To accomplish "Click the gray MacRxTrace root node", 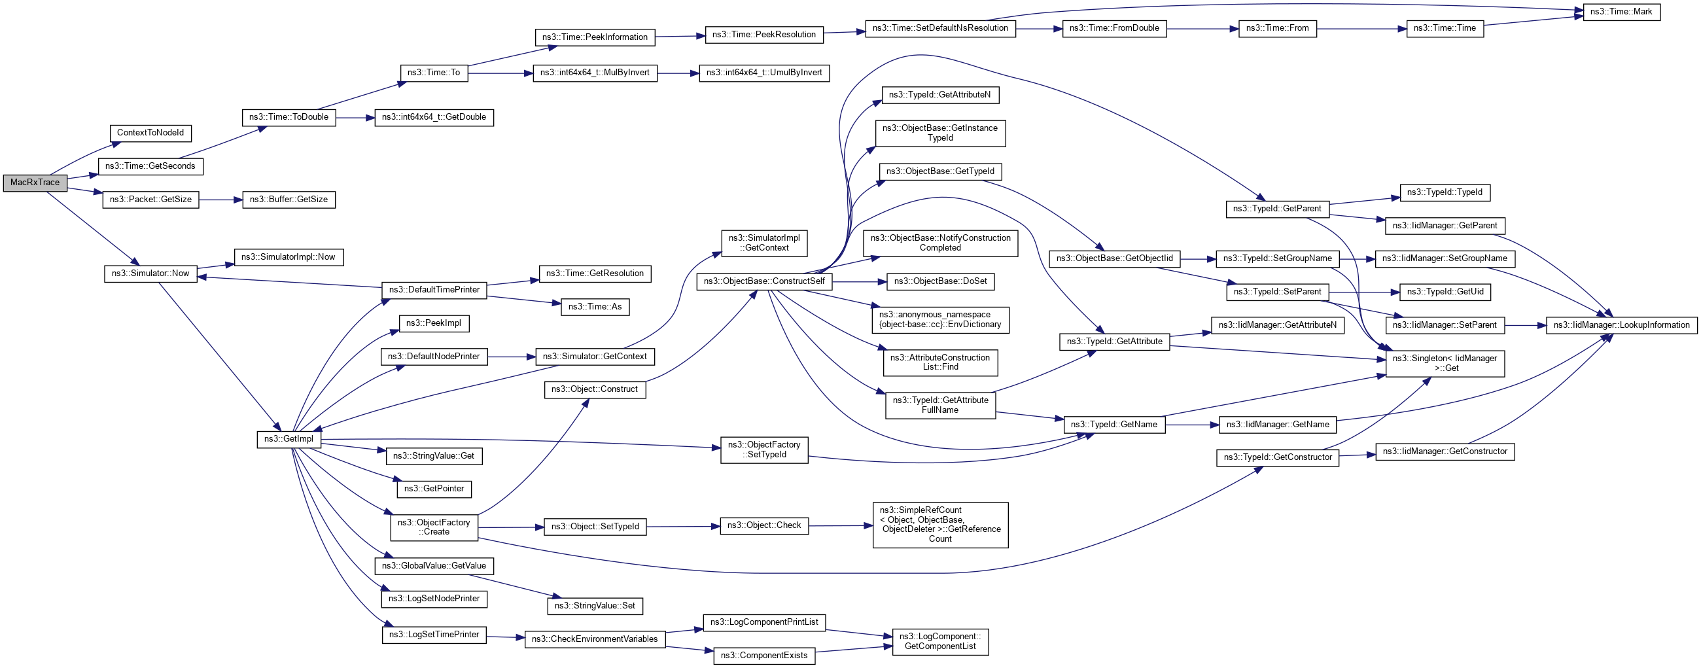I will [35, 183].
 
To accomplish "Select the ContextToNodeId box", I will [150, 133].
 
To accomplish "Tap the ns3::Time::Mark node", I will [1621, 12].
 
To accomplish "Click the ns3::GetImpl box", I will [289, 439].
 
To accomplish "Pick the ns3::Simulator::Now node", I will [150, 273].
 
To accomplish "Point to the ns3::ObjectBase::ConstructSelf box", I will [764, 281].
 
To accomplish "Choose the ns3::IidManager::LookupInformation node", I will [1621, 325].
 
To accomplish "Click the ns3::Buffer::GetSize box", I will [289, 200].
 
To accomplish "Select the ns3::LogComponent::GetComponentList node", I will [939, 642].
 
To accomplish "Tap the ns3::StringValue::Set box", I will [594, 605].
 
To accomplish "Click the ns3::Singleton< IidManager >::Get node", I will [1445, 363].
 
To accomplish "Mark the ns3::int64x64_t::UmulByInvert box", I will [764, 73].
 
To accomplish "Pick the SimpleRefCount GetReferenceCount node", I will [939, 525].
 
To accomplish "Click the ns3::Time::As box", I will [594, 307].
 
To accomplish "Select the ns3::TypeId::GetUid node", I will [1445, 292].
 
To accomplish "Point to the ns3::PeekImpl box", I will [434, 323].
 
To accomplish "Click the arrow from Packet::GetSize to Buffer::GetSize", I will [220, 200].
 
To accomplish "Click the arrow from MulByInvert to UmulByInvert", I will [678, 73].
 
